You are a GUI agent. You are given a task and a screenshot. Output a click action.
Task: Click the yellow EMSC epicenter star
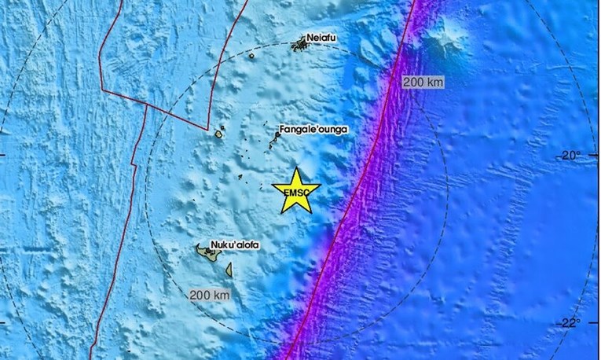coord(296,191)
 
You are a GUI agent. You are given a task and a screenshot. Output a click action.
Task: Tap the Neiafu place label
coord(316,37)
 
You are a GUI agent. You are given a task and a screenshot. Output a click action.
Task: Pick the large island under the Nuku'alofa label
coord(210,254)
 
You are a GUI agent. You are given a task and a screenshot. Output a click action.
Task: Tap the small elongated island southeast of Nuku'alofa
coord(229,270)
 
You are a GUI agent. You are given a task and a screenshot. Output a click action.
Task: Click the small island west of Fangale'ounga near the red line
coord(218,134)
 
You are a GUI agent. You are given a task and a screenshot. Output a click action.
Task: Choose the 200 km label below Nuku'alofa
coord(210,295)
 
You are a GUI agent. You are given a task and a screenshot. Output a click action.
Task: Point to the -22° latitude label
coord(570,322)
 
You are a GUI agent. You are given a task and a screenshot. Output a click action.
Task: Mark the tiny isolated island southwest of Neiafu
coord(251,56)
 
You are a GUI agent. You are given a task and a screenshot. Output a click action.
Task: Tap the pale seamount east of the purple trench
coord(445,38)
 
